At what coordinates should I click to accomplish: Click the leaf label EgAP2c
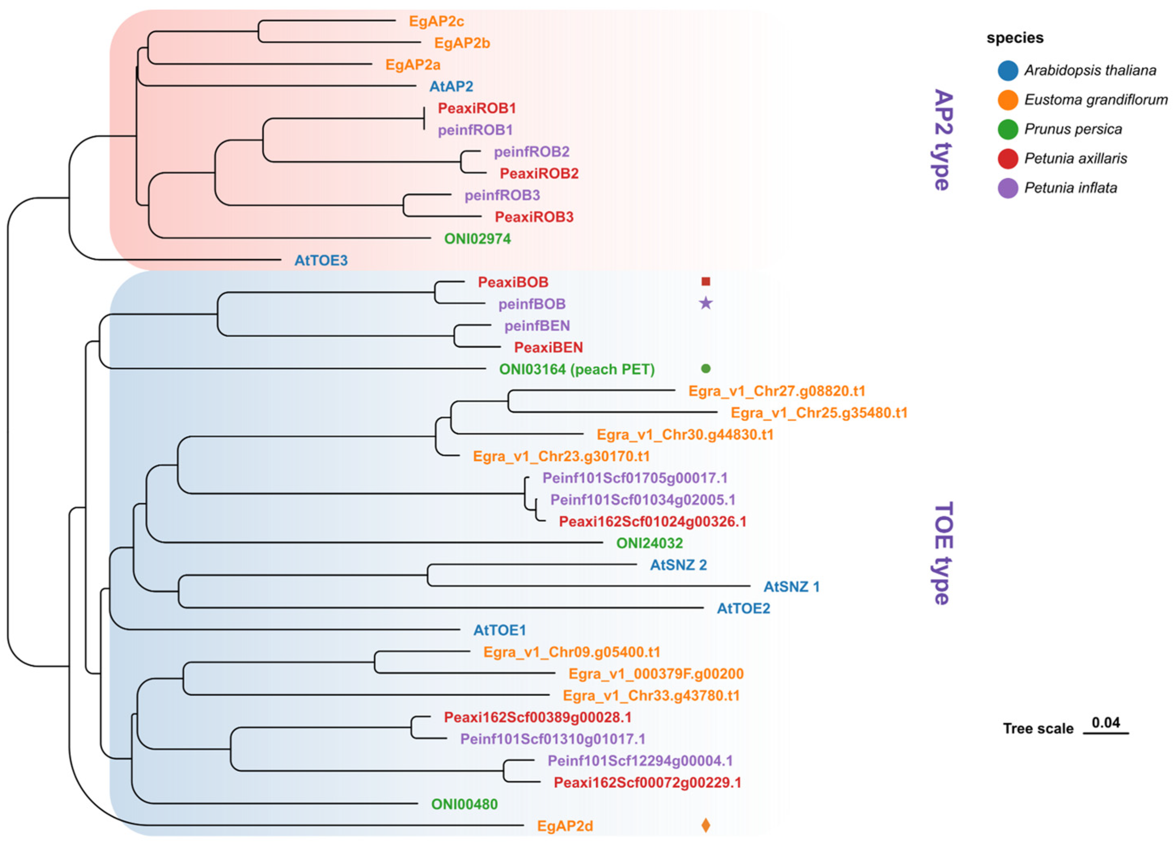click(x=436, y=21)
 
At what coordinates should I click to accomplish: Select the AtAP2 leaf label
click(x=451, y=86)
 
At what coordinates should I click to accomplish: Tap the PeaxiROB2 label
click(x=539, y=173)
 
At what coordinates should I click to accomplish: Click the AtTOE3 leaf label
click(x=321, y=261)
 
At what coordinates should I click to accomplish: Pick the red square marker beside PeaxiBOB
click(x=706, y=282)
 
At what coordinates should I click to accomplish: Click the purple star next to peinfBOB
click(x=706, y=303)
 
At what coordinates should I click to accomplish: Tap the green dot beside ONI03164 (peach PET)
click(x=706, y=368)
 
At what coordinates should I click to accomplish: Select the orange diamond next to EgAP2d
click(x=706, y=825)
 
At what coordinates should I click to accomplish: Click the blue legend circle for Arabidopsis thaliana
click(x=1008, y=70)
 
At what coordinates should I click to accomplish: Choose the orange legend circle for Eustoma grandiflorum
click(x=1008, y=100)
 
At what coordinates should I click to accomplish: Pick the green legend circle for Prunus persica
click(x=1008, y=129)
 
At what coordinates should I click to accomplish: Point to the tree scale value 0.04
click(x=1106, y=722)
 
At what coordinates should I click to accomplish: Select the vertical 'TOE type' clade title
click(x=943, y=553)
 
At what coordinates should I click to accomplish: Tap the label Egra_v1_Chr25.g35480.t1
click(x=819, y=413)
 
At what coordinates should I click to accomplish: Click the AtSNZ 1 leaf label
click(x=791, y=587)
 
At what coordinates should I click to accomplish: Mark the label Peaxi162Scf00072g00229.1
click(x=647, y=783)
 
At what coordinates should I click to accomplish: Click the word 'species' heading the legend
click(x=1015, y=38)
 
